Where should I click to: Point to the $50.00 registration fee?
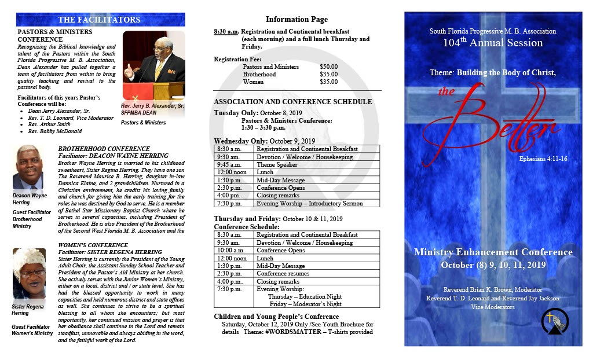coord(328,67)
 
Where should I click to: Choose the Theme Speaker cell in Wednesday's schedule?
coord(277,164)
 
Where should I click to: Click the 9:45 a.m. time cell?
coord(228,164)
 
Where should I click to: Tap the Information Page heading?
coord(296,20)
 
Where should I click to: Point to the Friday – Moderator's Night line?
coord(305,304)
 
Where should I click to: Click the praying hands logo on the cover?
coord(555,321)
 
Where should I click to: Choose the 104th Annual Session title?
coord(493,43)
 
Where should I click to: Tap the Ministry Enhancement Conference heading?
coord(493,252)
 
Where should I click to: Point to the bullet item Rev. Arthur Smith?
coord(49,124)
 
